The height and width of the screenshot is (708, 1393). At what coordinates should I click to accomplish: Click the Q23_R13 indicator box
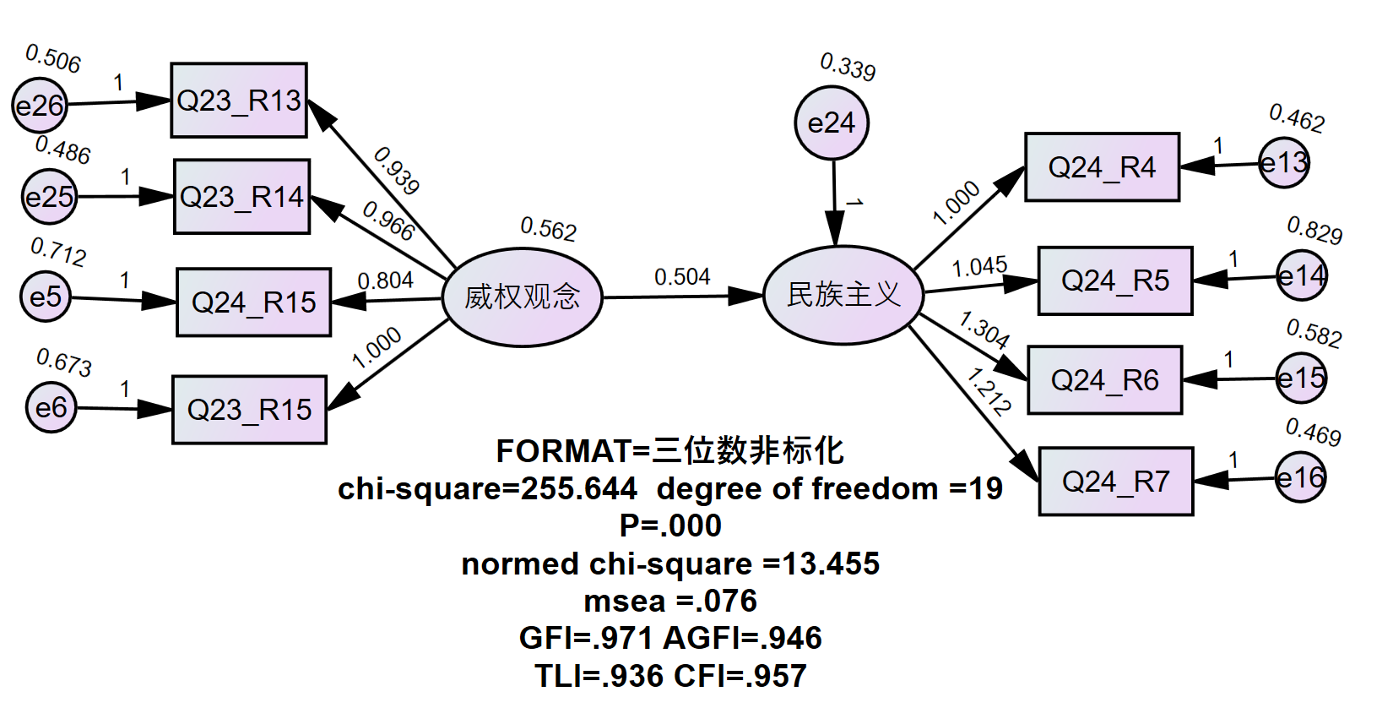coord(239,100)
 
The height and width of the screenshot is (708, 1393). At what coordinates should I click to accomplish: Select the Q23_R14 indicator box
coord(242,197)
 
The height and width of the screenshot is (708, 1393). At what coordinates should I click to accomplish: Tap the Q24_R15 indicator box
coord(254,302)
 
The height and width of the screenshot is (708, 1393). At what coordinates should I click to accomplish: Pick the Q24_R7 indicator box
coord(1116,482)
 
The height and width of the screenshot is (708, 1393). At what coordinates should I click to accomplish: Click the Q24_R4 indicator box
coord(1103,167)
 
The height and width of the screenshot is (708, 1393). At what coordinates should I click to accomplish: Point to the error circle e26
coord(40,106)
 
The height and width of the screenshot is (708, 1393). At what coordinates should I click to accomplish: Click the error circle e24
coord(832,123)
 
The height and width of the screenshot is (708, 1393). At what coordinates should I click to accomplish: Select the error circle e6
coord(51,407)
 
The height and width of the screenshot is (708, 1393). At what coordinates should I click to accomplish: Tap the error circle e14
coord(1302,275)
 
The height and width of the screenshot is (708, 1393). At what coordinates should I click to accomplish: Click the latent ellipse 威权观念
coord(523,297)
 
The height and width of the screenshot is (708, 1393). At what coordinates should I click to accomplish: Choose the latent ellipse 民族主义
coord(843,295)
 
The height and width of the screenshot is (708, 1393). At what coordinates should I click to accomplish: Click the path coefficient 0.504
coord(682,277)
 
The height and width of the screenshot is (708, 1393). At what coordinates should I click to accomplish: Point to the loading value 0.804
coord(386,280)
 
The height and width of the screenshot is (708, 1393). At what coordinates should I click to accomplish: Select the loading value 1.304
coord(984,329)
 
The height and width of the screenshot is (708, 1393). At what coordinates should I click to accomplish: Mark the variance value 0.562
coord(549,228)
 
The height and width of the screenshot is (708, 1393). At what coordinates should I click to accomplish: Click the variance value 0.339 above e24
coord(848,67)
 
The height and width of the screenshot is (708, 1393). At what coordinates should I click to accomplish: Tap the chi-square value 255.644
coord(579,488)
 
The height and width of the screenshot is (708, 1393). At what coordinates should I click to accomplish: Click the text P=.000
coord(670,526)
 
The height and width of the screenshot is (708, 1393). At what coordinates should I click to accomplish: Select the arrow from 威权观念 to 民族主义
coord(682,297)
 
